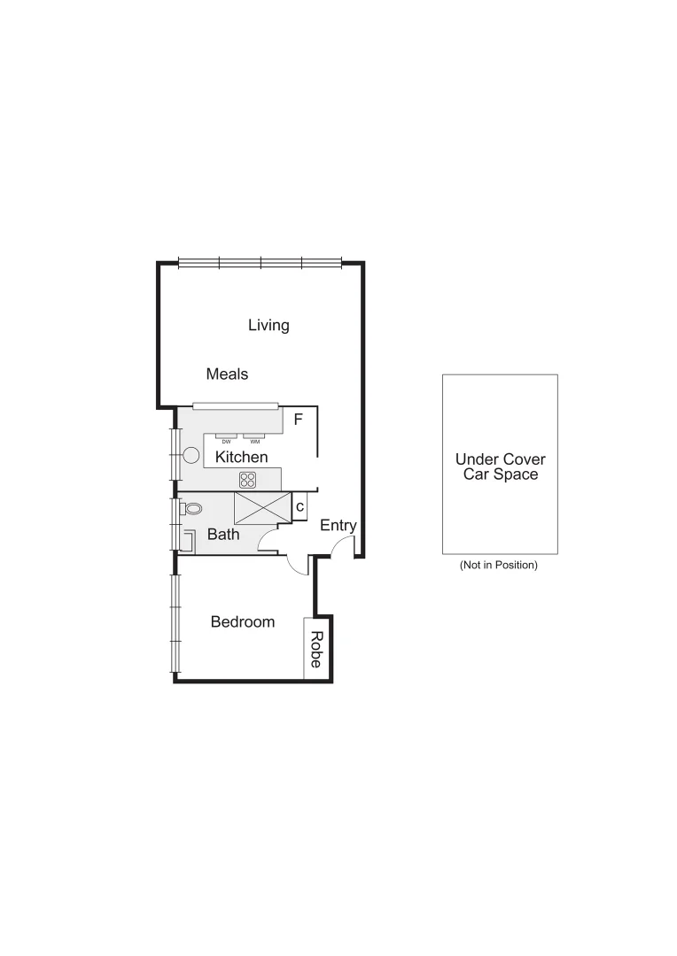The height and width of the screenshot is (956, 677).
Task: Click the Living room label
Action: [x=268, y=326]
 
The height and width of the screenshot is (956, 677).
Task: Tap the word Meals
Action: [x=227, y=374]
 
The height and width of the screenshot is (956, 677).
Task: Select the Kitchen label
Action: [x=242, y=458]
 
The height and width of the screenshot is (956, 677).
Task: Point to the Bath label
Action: [x=223, y=535]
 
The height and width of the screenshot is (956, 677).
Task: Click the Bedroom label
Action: [x=242, y=622]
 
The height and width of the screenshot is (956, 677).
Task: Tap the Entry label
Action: [x=338, y=526]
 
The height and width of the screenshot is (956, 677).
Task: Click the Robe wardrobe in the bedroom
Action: [x=315, y=649]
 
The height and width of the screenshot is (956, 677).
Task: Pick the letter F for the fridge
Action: [x=299, y=419]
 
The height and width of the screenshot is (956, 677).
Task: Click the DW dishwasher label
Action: [x=227, y=441]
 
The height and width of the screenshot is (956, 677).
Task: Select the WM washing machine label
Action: [x=255, y=441]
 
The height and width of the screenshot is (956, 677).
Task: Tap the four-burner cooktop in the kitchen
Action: [x=248, y=480]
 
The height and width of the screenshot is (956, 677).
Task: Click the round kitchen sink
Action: [x=191, y=456]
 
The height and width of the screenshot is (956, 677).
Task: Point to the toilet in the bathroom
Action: [x=192, y=509]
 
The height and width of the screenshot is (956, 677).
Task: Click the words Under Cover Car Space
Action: [x=500, y=467]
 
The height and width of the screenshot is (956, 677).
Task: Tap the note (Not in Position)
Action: [x=499, y=565]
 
